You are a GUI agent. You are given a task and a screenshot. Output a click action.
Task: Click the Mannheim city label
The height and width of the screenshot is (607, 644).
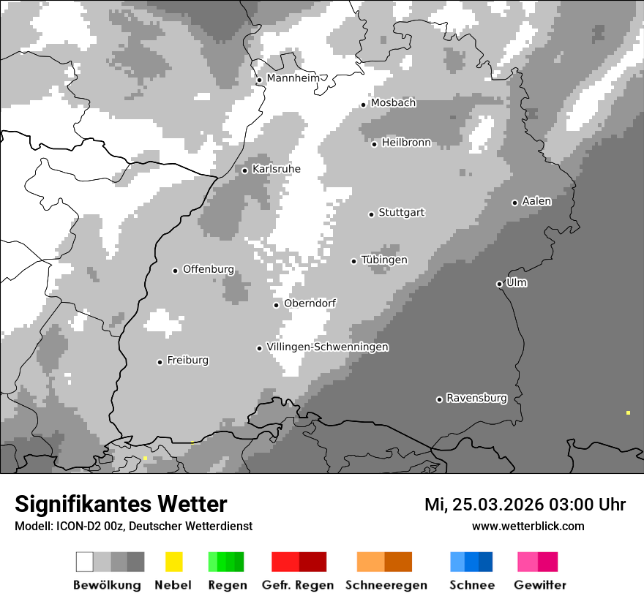pos(293,78)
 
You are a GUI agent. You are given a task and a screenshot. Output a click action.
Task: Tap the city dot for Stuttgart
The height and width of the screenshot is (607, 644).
pos(371,214)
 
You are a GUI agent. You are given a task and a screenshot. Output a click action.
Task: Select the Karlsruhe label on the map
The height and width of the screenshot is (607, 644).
pos(276,169)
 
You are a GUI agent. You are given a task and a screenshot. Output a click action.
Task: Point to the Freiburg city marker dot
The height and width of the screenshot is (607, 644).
pos(160,362)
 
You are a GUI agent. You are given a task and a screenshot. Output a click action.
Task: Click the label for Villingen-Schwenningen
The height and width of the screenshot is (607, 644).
pos(327,347)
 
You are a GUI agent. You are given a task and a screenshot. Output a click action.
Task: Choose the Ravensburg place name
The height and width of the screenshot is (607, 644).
pos(476,398)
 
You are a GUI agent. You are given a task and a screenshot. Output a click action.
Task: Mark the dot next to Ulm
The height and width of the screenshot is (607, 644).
pos(499,284)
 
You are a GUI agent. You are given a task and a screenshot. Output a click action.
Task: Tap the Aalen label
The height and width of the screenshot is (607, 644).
pos(536,201)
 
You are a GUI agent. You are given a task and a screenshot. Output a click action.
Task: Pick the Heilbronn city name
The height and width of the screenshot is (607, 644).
pos(406,143)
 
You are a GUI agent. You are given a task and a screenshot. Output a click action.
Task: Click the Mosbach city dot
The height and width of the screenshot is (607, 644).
pos(363,105)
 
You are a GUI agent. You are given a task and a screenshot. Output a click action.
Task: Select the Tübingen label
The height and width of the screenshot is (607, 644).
pos(384,260)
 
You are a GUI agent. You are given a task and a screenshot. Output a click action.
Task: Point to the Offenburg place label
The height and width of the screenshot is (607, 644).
pos(209,269)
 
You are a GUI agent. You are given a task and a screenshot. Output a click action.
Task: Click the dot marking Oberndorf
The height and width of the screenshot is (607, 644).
pos(276,305)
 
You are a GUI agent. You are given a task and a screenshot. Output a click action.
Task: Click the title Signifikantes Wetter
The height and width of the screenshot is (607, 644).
pos(121,504)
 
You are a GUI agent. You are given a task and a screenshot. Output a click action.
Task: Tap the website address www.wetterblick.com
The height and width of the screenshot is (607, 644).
pos(528,526)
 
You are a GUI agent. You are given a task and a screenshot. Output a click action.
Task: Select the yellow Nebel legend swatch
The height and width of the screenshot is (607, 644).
pos(173,562)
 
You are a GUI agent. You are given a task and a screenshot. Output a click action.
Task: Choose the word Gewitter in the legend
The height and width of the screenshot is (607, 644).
pos(540,585)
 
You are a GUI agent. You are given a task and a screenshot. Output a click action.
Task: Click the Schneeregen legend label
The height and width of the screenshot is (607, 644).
pos(386,585)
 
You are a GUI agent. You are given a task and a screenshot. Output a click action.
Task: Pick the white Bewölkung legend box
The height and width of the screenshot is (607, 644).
pos(85,562)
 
